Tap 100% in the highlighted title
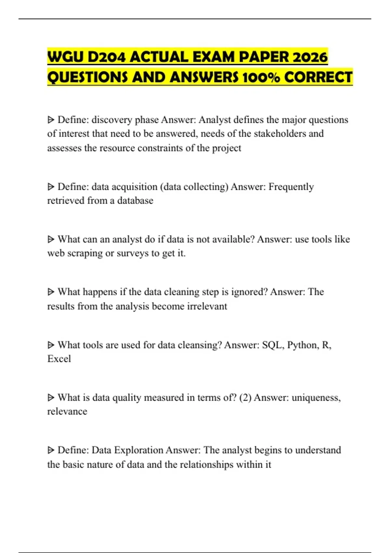(260, 77)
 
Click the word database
(135, 201)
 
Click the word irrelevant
(207, 306)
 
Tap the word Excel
(59, 359)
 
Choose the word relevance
(67, 411)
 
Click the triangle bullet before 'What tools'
(51, 345)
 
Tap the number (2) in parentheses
(245, 398)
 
